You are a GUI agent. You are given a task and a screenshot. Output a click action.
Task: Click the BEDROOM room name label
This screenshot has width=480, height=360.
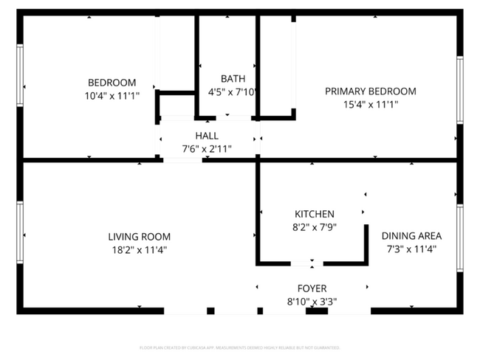coord(112,82)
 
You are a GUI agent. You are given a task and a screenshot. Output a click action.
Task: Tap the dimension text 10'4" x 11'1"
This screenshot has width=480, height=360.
coord(112,95)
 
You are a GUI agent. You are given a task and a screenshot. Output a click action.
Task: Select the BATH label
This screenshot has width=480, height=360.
coord(233,78)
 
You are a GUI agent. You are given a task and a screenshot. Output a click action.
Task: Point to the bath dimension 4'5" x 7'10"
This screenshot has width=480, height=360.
coord(233,92)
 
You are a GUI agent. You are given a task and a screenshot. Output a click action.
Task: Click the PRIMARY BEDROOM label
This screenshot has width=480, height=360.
coord(370,91)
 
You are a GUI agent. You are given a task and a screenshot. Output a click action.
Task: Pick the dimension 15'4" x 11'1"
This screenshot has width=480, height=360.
coord(370,105)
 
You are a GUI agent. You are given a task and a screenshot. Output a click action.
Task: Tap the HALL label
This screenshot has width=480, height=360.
coord(207,136)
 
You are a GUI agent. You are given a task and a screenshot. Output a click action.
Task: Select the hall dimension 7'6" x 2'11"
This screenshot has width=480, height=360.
coord(207,148)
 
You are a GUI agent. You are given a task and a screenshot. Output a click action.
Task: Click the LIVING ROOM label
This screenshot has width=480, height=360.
coord(139,237)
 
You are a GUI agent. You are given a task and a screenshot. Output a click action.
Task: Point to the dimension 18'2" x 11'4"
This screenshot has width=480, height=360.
coord(139,250)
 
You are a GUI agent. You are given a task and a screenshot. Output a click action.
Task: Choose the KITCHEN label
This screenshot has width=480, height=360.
coord(314,214)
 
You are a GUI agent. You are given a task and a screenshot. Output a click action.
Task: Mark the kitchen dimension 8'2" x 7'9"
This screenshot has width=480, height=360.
coord(314,227)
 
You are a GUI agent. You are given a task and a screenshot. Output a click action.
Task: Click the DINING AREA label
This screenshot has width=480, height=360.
coord(411,236)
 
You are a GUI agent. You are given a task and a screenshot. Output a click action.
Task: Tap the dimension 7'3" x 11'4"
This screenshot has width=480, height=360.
coord(411,249)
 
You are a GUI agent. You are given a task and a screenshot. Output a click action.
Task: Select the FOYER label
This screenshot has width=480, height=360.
coord(312,288)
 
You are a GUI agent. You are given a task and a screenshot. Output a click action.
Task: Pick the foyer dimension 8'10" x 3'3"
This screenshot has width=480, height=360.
coord(312,300)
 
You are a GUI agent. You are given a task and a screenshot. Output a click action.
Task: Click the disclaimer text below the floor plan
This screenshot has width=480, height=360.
coord(240,347)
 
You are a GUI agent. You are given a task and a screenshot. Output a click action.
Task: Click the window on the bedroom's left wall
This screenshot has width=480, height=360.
coord(20,75)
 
